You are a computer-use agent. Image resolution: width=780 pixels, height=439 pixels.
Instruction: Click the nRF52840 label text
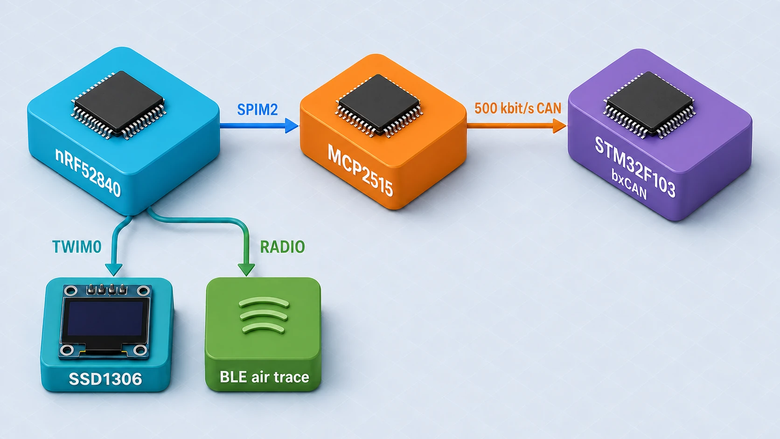88,172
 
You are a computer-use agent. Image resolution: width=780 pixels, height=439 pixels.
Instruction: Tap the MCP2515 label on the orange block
360,170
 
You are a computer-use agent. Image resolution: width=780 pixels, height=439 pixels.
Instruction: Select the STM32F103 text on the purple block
634,167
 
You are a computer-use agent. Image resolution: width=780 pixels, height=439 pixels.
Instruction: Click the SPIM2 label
258,110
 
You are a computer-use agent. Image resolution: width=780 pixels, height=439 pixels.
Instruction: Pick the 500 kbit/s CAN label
517,108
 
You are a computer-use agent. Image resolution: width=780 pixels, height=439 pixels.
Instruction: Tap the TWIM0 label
77,247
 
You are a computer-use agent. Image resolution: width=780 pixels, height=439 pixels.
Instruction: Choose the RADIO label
282,247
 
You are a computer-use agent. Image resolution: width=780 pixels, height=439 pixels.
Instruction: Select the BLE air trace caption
265,377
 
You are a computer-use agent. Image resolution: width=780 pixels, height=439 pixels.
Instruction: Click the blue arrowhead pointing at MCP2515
292,125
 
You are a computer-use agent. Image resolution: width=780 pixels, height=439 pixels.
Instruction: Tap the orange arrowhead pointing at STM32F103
560,125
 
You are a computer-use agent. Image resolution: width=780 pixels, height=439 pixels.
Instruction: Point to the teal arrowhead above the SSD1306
114,270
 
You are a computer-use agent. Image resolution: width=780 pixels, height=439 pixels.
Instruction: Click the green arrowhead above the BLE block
246,270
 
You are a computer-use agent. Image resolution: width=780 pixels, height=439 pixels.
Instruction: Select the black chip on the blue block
119,103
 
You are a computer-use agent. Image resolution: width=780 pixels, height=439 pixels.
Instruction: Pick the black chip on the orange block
379,104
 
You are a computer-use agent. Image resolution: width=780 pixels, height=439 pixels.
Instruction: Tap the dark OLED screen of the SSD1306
105,319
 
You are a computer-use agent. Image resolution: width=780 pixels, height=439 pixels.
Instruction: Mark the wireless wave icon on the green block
264,315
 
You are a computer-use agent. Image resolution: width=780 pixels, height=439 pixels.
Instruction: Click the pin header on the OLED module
106,289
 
